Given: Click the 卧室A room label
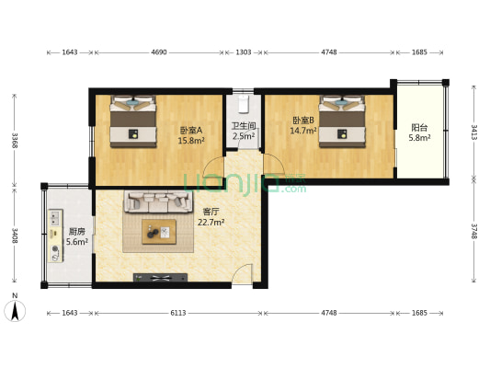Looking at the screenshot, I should coord(190,130).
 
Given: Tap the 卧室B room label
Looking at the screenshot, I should coord(303,121).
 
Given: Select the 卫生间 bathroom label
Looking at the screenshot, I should coord(243,125).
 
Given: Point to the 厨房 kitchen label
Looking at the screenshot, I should coord(78,231).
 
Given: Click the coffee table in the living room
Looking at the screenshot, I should coord(160,231).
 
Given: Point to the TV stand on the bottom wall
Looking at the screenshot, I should coord(160,277).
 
